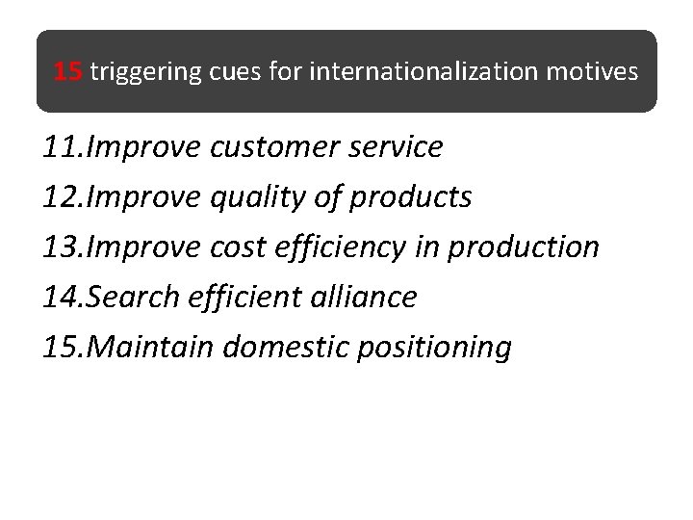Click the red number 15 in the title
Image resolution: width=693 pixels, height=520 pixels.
click(x=68, y=71)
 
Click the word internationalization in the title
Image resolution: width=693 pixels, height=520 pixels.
click(x=426, y=71)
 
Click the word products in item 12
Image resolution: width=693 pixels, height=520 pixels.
click(x=411, y=197)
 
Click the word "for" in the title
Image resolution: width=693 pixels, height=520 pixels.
click(x=286, y=71)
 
